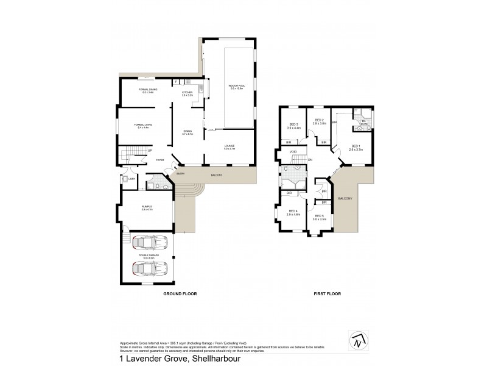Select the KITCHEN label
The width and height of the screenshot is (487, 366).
pos(187,93)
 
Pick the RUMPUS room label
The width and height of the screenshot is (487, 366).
pos(147,208)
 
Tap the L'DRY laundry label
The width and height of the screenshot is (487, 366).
pos(131,178)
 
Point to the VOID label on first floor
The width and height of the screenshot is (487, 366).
pos(293,151)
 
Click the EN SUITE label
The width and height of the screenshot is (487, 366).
pos(363,123)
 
